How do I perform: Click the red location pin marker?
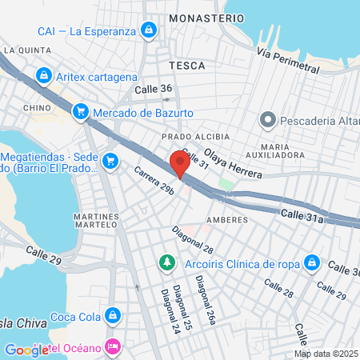click(180, 164)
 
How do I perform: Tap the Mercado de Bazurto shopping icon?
click(80, 113)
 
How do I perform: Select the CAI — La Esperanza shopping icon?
click(148, 31)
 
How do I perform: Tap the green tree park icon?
click(167, 262)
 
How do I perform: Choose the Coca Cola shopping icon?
click(114, 315)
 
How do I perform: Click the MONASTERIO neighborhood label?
click(212, 18)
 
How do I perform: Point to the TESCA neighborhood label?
click(187, 65)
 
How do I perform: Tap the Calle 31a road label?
click(302, 218)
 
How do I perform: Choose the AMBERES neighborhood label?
click(222, 218)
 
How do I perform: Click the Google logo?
click(27, 350)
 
